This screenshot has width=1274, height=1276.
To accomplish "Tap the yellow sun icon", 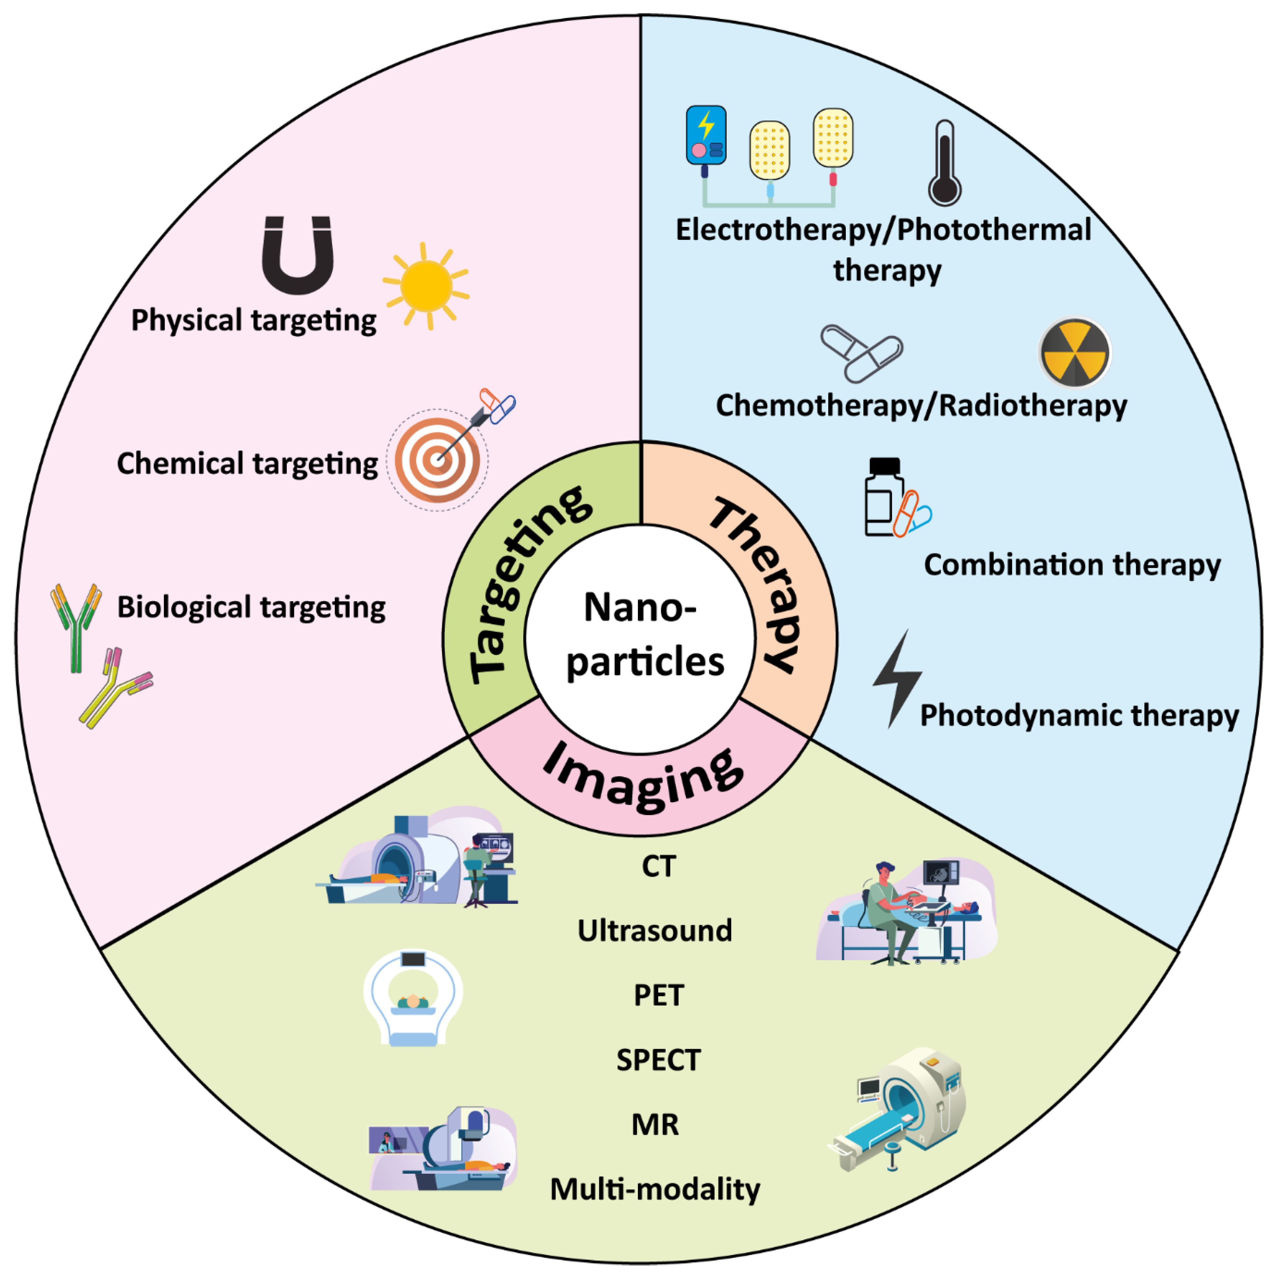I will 426,286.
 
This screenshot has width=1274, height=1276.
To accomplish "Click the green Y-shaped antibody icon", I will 76,624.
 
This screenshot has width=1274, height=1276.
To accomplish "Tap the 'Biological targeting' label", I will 251,607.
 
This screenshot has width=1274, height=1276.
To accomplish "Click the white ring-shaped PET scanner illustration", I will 413,997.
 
